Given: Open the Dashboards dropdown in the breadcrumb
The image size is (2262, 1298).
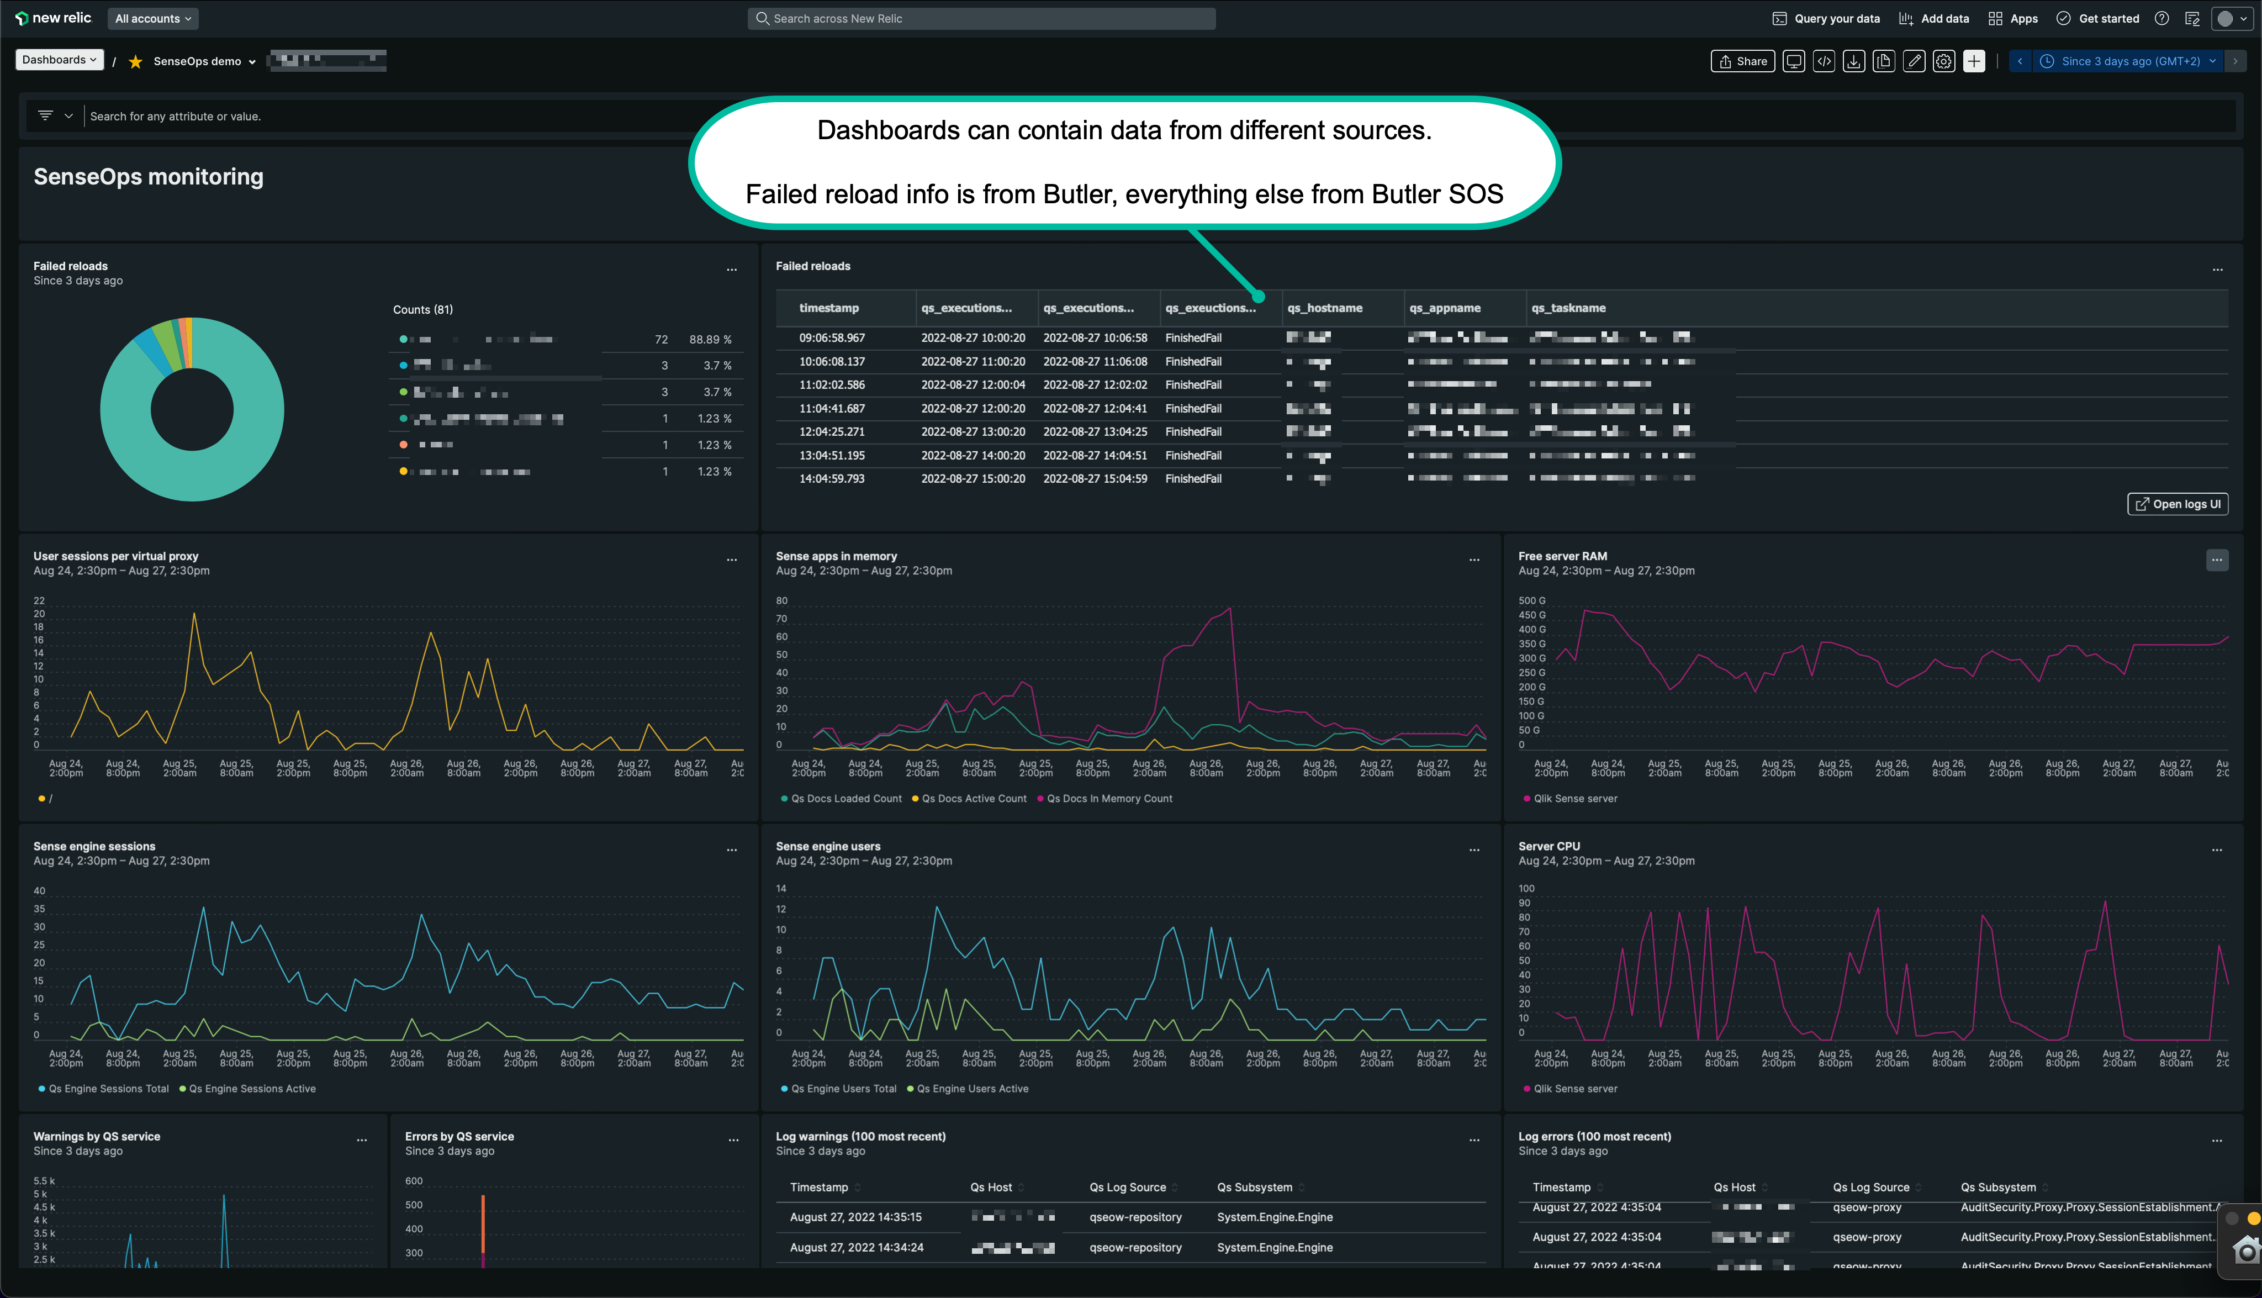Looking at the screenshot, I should tap(59, 60).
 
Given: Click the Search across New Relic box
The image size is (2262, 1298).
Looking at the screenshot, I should tap(980, 19).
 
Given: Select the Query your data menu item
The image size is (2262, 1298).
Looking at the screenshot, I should tap(1826, 19).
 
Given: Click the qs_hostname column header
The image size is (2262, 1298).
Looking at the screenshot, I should tap(1324, 308).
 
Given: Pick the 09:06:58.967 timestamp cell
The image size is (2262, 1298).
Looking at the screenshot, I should tap(832, 338).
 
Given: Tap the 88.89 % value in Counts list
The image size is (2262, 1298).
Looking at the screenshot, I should tap(710, 340).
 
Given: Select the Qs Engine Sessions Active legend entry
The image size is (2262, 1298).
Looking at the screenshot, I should tap(251, 1089).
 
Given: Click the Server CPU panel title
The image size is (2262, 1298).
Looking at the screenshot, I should tap(1549, 846).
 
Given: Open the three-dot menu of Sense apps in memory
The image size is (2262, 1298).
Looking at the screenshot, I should tap(1474, 560).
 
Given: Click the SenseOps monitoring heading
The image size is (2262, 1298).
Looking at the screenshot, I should tap(149, 177).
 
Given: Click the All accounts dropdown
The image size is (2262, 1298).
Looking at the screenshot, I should tap(152, 19).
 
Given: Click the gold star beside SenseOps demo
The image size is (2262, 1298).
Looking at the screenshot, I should tap(135, 61).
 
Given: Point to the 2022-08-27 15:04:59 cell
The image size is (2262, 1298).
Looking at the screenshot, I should tap(1095, 479).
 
